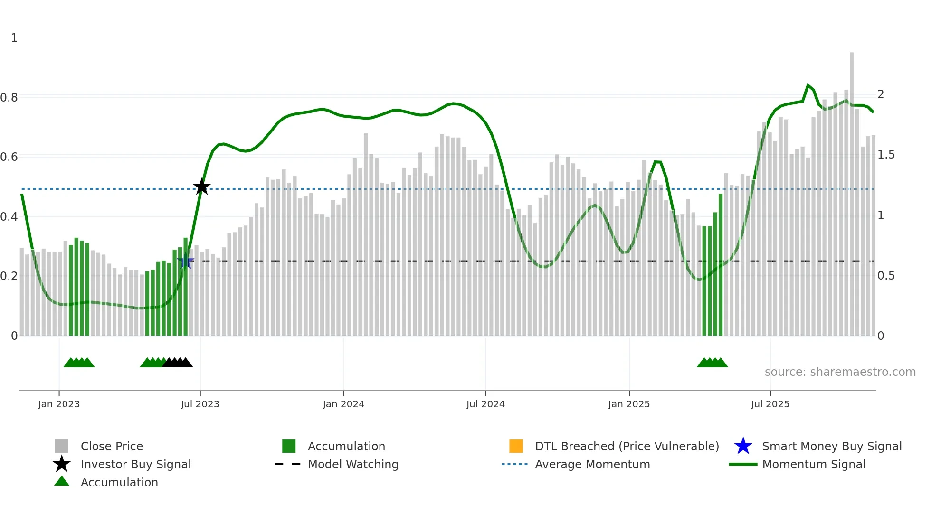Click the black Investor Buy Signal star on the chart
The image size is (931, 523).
201,187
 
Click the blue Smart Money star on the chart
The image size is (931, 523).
186,261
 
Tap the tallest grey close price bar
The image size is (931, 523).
852,190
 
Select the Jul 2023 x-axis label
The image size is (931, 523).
200,404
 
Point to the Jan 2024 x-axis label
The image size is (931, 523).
343,404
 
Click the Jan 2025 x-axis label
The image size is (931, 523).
629,404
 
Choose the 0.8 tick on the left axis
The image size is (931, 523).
9,98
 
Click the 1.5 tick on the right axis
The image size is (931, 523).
886,155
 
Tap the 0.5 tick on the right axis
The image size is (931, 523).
886,276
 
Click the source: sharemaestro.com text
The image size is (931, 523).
840,372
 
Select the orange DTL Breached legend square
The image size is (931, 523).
516,446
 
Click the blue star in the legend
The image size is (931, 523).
743,446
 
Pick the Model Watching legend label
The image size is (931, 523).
353,464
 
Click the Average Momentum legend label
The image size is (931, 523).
592,464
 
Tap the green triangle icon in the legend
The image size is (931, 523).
62,481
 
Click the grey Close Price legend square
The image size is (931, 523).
62,446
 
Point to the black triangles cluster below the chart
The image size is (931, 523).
177,363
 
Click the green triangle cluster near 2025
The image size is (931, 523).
712,363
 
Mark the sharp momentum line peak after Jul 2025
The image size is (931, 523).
808,85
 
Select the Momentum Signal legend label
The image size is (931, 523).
814,464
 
